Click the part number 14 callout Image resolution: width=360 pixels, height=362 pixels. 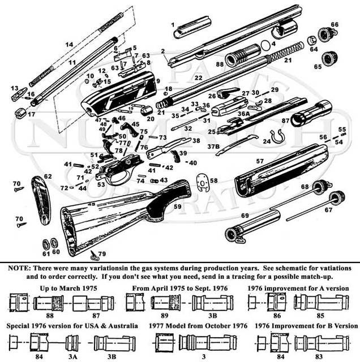tap(70, 45)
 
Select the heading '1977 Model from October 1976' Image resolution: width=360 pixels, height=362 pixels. tap(191, 326)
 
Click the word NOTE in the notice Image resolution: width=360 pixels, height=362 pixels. tap(17, 267)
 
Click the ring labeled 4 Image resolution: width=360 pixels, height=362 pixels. tap(264, 45)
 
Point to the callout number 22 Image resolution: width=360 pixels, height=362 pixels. tap(198, 77)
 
